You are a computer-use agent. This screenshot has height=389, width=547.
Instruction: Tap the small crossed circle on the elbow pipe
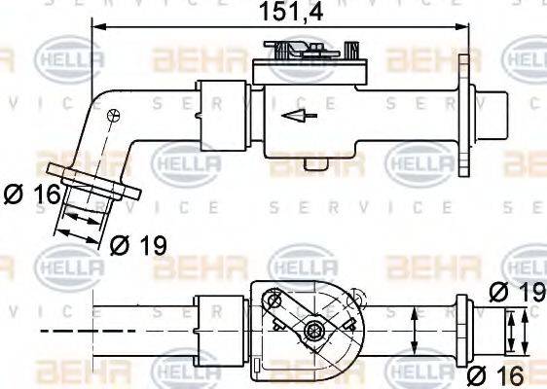[114, 118]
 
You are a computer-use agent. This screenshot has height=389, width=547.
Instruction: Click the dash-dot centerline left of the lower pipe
[58, 333]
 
